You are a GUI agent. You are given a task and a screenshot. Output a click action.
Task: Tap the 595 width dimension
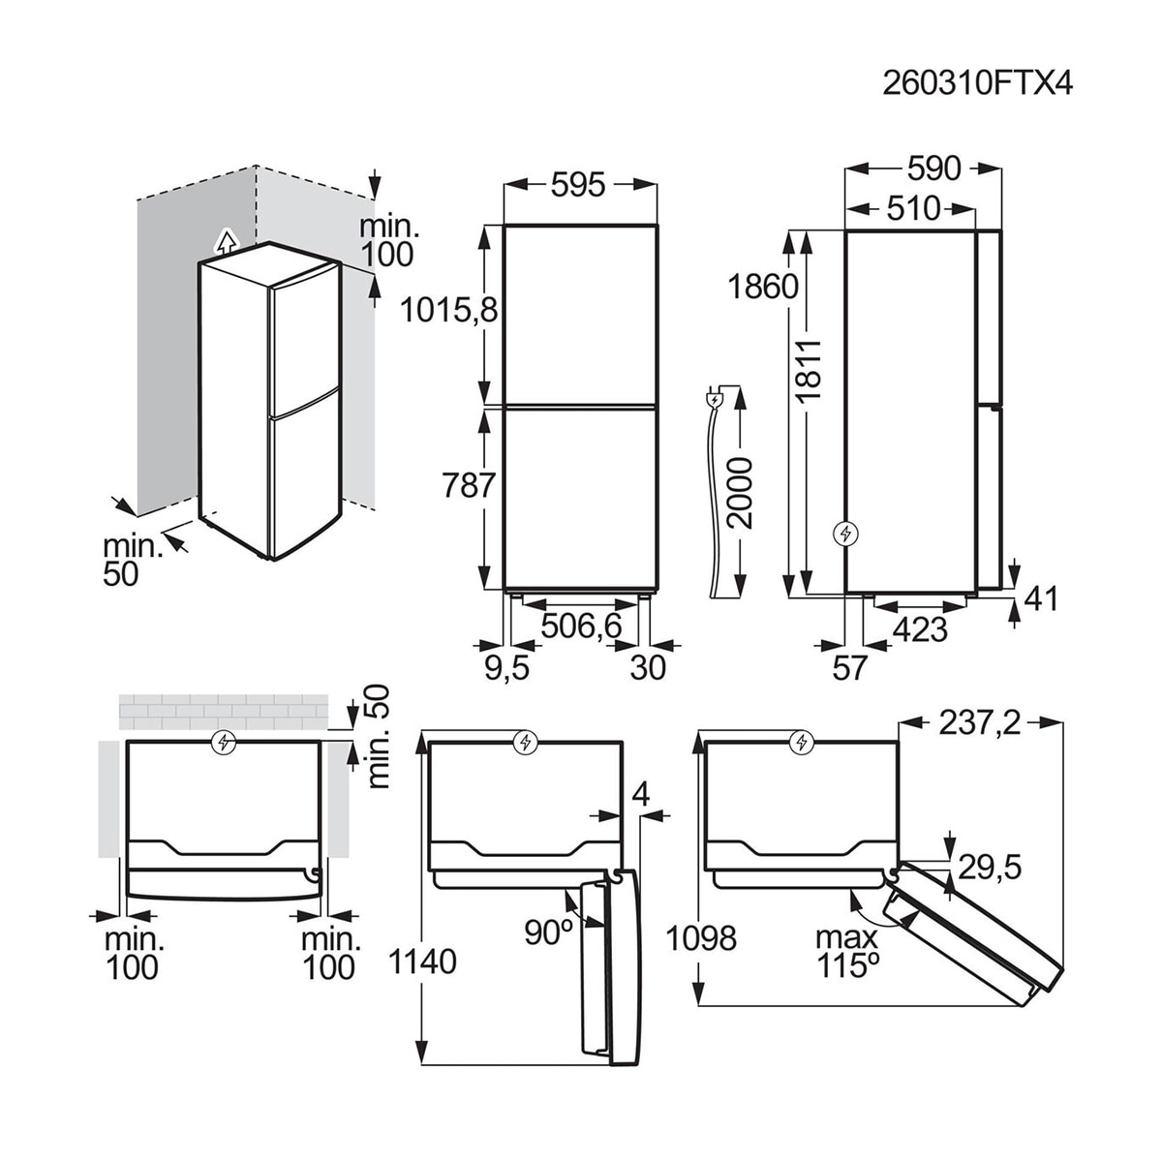click(x=578, y=185)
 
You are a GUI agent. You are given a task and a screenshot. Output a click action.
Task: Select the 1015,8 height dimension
click(x=448, y=311)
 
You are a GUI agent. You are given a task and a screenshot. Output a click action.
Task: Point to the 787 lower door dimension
click(x=469, y=485)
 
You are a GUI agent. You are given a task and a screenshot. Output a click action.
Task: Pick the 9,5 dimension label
click(x=507, y=667)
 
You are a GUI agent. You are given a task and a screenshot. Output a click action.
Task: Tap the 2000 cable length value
click(x=740, y=493)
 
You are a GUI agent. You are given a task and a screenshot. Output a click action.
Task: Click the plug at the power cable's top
click(x=714, y=400)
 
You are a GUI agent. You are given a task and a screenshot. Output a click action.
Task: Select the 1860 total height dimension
click(x=763, y=287)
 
